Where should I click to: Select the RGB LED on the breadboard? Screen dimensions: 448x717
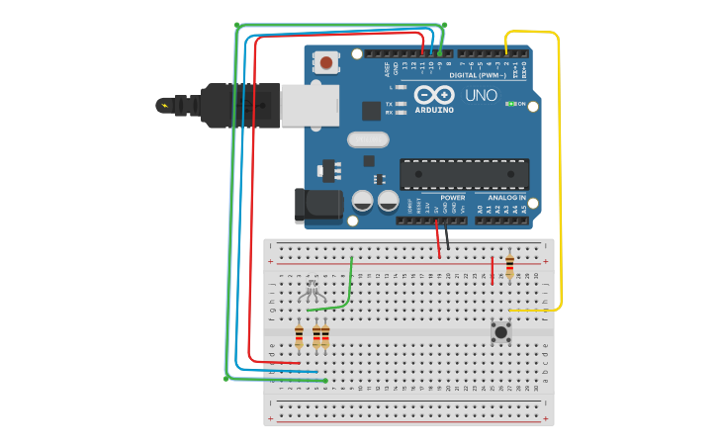point(313,291)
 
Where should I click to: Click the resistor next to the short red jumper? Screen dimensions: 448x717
point(509,266)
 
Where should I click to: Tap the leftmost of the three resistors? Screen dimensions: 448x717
point(299,337)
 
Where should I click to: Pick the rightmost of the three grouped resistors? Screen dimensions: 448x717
point(325,337)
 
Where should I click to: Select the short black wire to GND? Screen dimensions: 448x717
point(446,236)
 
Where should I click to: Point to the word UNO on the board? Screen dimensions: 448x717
point(482,96)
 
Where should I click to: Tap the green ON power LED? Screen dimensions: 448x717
point(511,103)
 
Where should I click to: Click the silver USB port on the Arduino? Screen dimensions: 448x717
point(309,105)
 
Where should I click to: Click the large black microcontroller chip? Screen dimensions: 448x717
point(464,174)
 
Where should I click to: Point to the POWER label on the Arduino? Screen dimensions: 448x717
point(453,198)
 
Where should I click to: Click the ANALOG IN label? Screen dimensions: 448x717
point(506,198)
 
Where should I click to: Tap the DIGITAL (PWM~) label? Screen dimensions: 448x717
point(478,75)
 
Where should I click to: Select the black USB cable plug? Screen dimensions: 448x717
point(238,104)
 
